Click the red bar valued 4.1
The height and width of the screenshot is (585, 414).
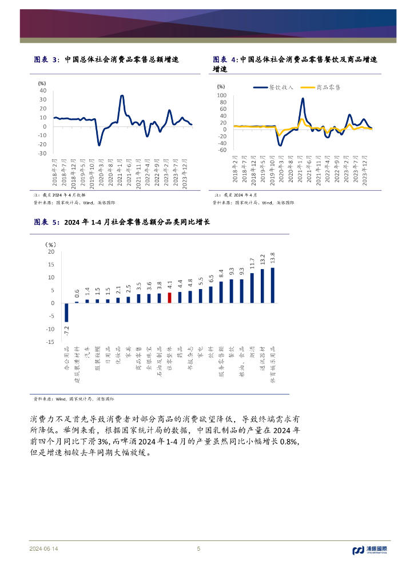pos(169,298)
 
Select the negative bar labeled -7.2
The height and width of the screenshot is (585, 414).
pos(66,312)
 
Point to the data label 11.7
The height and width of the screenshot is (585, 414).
pos(252,264)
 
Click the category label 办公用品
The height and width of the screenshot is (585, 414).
pos(66,359)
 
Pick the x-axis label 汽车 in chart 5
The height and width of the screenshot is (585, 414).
pos(87,351)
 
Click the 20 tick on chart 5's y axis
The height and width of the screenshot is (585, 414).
pos(51,251)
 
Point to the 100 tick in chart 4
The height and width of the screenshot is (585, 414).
pos(222,95)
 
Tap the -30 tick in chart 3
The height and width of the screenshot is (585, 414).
pos(41,153)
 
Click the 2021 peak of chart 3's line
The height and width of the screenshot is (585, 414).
pos(122,96)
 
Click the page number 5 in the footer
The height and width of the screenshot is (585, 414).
pos(198,549)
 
